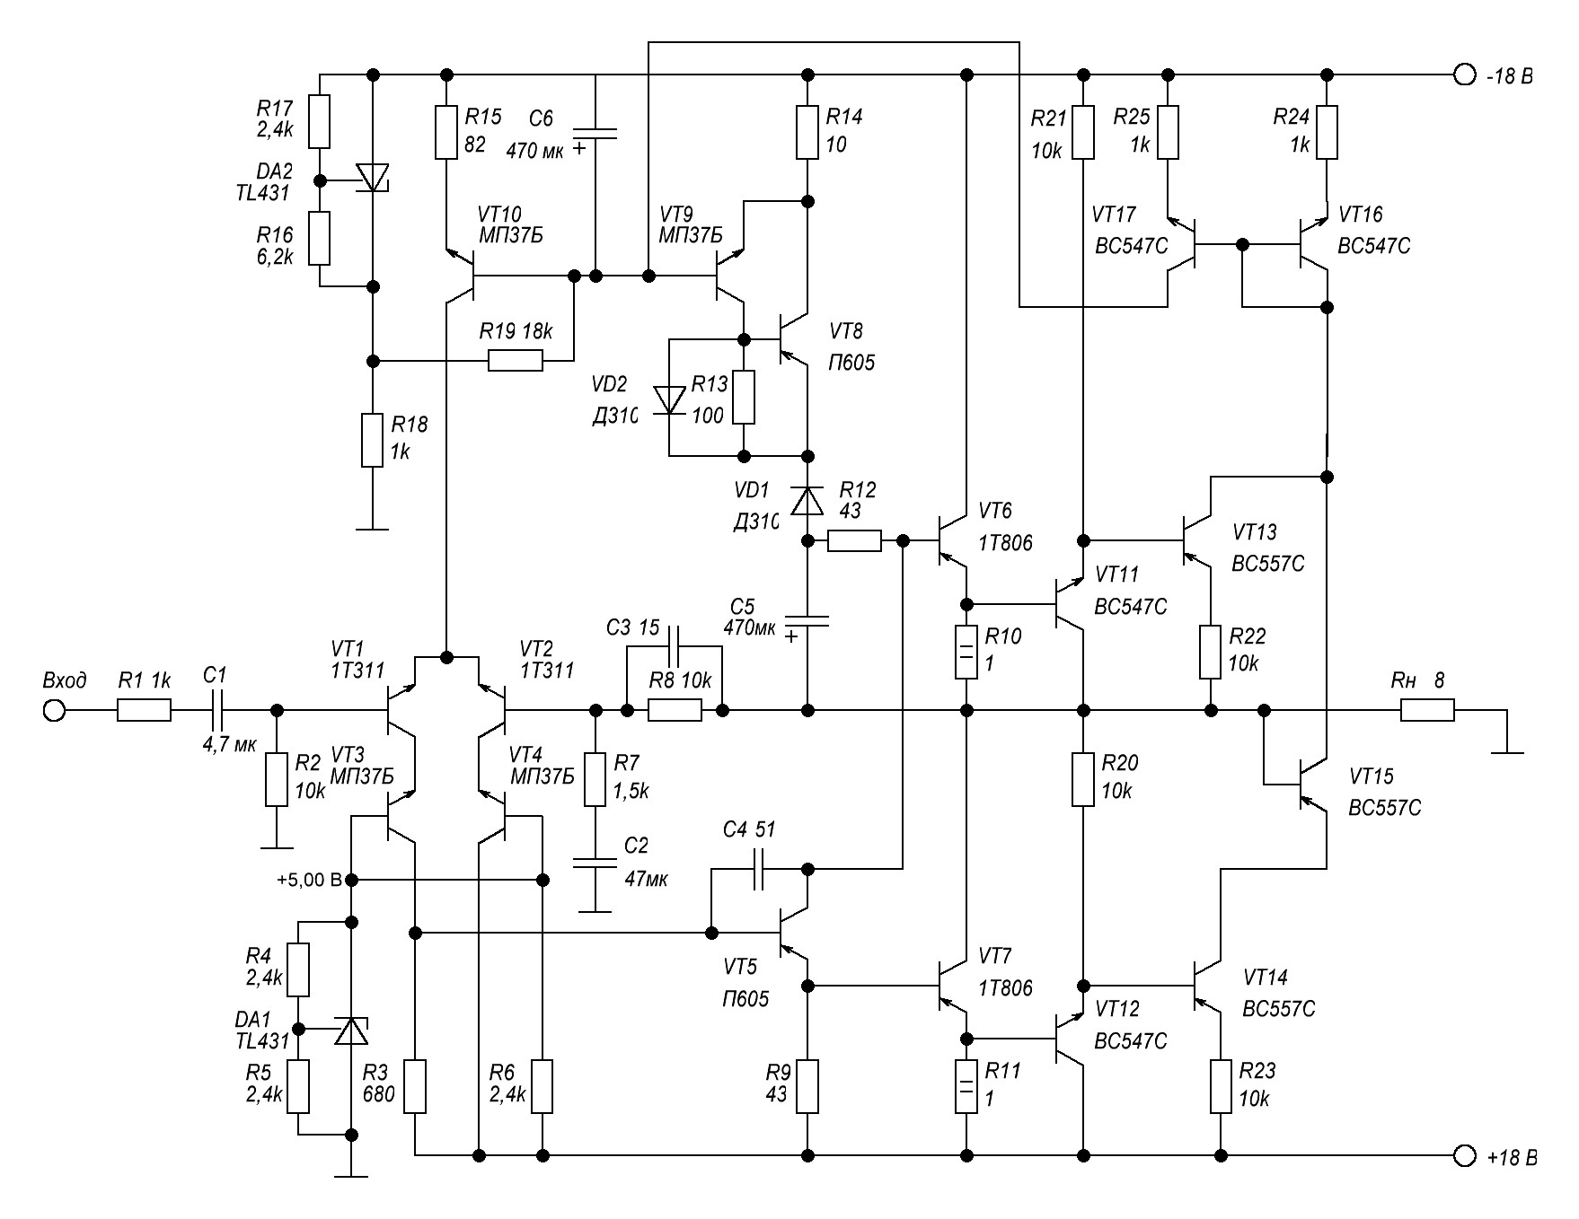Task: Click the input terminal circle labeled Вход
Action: click(54, 711)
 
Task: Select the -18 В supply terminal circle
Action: click(1465, 75)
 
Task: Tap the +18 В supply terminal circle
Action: click(1465, 1155)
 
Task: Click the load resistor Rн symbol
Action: click(1427, 711)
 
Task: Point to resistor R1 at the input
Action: click(144, 711)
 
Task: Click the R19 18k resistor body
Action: click(516, 361)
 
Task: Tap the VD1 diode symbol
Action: click(807, 500)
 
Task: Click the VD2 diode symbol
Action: click(669, 399)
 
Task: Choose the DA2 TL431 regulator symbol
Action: click(373, 177)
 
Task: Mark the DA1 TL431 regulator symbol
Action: click(351, 1030)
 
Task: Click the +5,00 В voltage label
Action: click(309, 880)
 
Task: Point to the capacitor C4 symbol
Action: click(758, 869)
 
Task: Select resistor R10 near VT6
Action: click(966, 652)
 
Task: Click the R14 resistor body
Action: click(807, 133)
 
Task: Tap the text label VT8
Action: click(846, 331)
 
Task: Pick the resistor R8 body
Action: click(675, 711)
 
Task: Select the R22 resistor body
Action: click(1211, 652)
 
